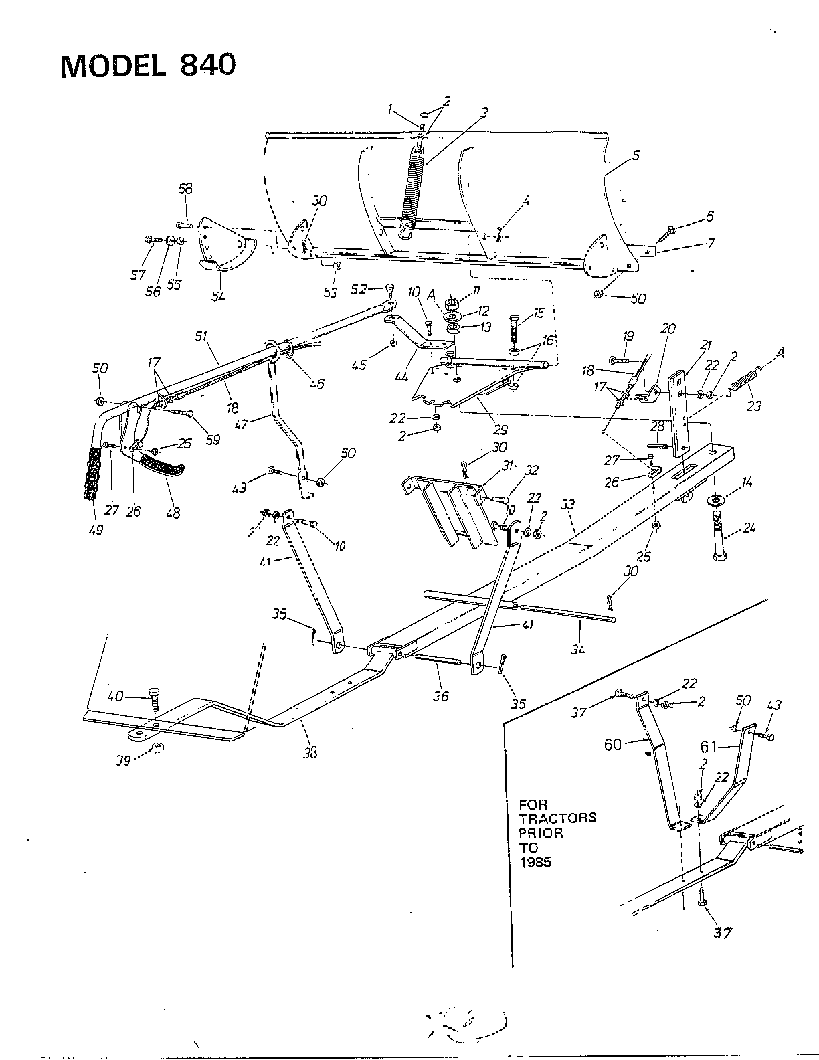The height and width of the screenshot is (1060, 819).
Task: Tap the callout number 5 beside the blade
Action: coord(636,155)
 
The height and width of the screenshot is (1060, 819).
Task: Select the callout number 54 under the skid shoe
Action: coord(217,296)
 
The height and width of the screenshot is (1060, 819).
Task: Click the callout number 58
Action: coord(185,190)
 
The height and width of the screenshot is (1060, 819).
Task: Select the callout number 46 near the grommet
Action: coord(316,383)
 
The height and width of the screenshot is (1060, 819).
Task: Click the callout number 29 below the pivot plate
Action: coord(501,429)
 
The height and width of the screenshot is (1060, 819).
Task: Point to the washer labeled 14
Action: coord(716,501)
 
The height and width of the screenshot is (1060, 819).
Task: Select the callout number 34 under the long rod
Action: coord(578,648)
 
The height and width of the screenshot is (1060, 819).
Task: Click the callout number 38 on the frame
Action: coord(309,753)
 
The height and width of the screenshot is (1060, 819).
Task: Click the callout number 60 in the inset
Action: coord(614,745)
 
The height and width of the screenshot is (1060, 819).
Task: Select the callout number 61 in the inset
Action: coord(710,745)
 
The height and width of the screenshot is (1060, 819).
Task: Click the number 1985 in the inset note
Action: coord(535,862)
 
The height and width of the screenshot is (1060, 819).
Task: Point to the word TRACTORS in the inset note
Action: coord(557,818)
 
